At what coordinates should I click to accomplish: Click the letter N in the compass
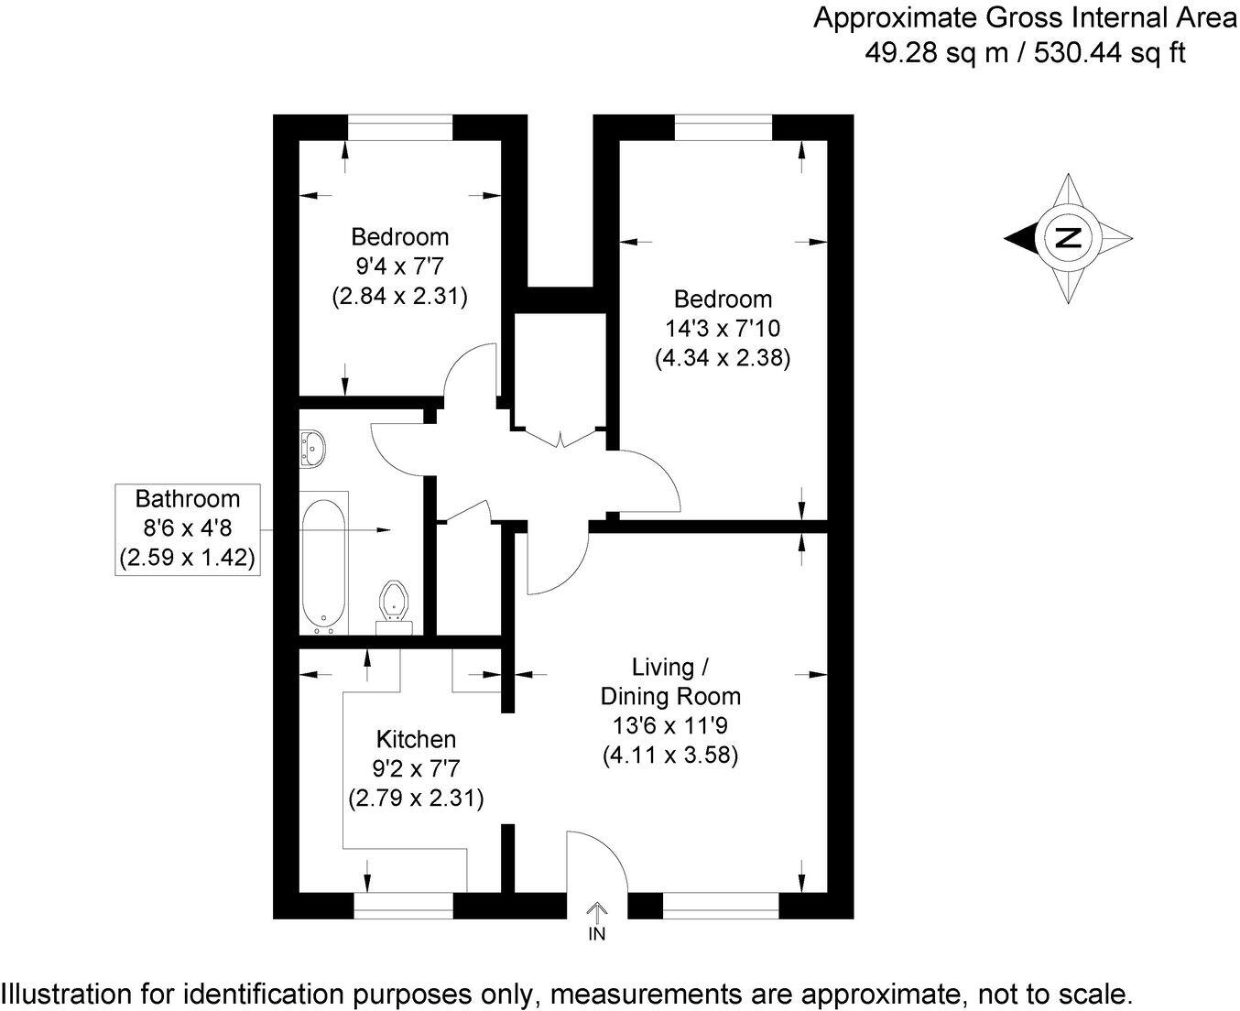coord(1068,237)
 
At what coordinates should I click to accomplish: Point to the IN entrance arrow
coord(596,912)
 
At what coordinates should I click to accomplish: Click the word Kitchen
coord(417,739)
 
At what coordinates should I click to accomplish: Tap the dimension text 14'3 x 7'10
coord(723,328)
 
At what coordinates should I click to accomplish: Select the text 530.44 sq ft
coord(1109,53)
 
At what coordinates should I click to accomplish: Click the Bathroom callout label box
coord(188,528)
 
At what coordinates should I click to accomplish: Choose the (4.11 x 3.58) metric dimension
coord(670,756)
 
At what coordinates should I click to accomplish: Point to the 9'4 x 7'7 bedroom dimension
coord(400,266)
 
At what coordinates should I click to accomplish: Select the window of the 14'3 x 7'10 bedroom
coord(723,127)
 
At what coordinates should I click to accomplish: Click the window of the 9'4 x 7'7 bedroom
coord(400,127)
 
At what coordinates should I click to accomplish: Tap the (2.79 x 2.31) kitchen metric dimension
coord(417,798)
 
